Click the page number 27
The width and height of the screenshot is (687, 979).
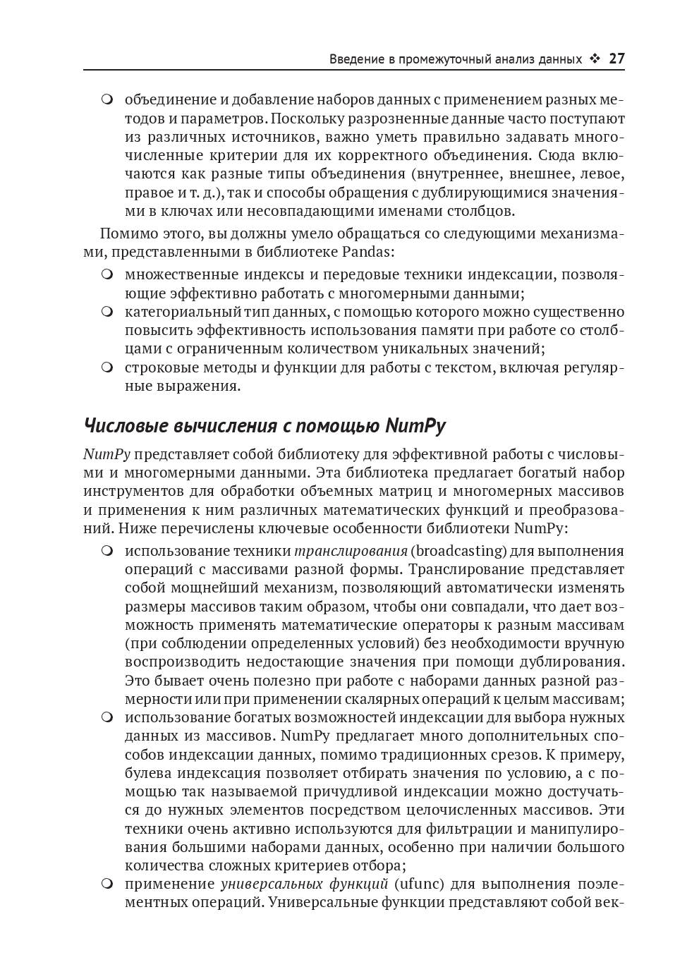pos(616,59)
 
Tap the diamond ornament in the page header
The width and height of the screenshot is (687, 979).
pos(595,59)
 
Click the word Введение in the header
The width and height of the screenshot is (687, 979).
pos(356,59)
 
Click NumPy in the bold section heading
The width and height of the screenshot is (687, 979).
pos(415,426)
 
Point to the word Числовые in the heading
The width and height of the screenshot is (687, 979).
pos(123,426)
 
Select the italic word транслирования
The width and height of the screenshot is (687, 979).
pos(351,551)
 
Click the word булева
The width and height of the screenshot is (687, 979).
pos(148,773)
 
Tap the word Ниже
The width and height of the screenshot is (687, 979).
pos(137,528)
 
